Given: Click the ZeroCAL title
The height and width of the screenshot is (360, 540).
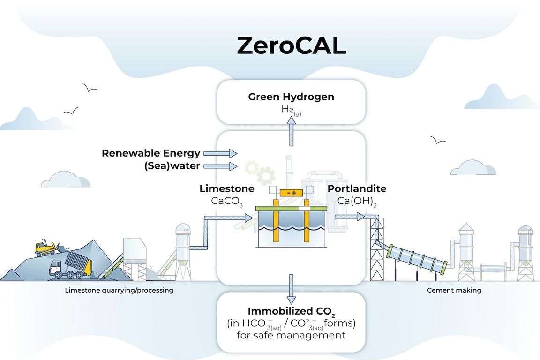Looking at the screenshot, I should [291, 45].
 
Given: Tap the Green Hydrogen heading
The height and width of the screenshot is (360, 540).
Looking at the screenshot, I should [291, 97].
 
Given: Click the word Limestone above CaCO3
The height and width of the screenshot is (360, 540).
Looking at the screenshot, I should [227, 189].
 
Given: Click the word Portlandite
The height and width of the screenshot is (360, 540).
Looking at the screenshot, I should [357, 189].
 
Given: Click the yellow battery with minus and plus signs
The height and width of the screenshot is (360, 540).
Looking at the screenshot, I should [291, 193].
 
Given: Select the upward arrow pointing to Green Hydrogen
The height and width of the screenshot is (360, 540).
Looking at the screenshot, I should [291, 126].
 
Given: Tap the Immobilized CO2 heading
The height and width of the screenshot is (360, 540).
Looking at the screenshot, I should [291, 311].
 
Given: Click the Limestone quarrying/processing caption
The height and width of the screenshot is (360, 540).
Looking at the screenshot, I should [119, 290].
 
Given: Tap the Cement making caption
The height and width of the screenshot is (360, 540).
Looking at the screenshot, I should [454, 290].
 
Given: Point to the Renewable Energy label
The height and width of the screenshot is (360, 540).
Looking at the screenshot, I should [151, 153].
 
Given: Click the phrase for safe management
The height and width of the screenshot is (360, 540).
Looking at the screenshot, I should [291, 335].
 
